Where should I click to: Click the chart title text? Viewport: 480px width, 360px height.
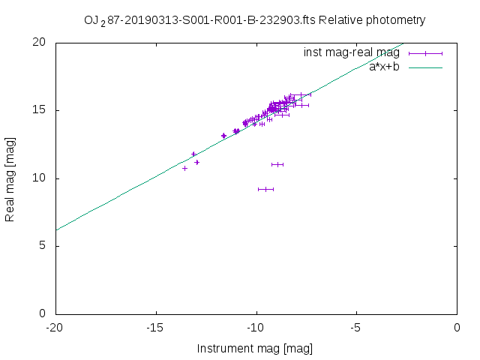pos(254,20)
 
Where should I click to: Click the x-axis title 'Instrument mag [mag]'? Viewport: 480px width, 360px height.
pos(254,349)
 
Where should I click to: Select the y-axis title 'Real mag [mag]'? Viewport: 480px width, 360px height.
pos(10,178)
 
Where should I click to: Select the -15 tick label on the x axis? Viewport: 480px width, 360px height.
pos(156,327)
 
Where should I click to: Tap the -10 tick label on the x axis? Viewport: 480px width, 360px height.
pos(256,327)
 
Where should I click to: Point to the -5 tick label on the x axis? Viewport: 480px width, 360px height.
pos(356,327)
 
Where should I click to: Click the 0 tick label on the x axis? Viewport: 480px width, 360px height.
pos(457,327)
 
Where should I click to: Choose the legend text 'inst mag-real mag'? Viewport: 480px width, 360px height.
pos(351,53)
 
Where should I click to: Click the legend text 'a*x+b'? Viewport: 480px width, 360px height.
pos(384,67)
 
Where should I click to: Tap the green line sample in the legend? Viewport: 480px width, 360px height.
pos(425,67)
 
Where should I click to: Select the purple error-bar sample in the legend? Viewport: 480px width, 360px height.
pos(425,53)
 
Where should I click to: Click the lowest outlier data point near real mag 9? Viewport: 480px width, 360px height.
pos(265,189)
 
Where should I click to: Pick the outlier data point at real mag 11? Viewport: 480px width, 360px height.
pos(277,164)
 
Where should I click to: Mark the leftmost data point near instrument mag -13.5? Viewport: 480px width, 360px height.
pos(184,168)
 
